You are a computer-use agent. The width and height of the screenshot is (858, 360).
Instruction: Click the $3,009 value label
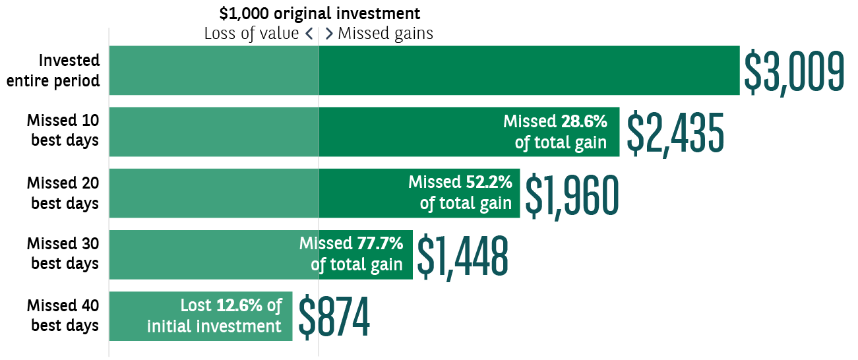[793, 71]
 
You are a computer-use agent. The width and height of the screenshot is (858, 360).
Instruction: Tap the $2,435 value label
[674, 132]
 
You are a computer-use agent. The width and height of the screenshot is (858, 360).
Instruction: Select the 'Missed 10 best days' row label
[63, 131]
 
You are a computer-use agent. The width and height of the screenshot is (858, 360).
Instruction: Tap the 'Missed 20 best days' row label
[63, 193]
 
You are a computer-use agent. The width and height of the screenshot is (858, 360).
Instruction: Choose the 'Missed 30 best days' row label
[63, 254]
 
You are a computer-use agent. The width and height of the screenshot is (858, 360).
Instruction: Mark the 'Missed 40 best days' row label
[63, 316]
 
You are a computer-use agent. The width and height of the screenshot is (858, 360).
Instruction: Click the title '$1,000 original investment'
[319, 13]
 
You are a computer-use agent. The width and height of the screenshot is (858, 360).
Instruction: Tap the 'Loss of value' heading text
[251, 34]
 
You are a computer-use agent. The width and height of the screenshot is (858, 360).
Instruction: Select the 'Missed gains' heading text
[385, 34]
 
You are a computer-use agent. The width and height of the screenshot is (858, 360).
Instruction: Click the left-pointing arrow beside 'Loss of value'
[308, 34]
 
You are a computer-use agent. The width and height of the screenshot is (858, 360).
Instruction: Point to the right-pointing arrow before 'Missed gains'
[329, 34]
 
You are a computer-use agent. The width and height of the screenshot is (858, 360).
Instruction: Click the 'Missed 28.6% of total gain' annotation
[555, 132]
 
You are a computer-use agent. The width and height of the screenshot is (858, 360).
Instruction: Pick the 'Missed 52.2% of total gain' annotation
[460, 193]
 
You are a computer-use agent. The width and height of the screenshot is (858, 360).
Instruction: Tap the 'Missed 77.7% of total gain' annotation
[352, 254]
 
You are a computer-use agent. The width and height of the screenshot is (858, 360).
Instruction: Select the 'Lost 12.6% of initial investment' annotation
[215, 316]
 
